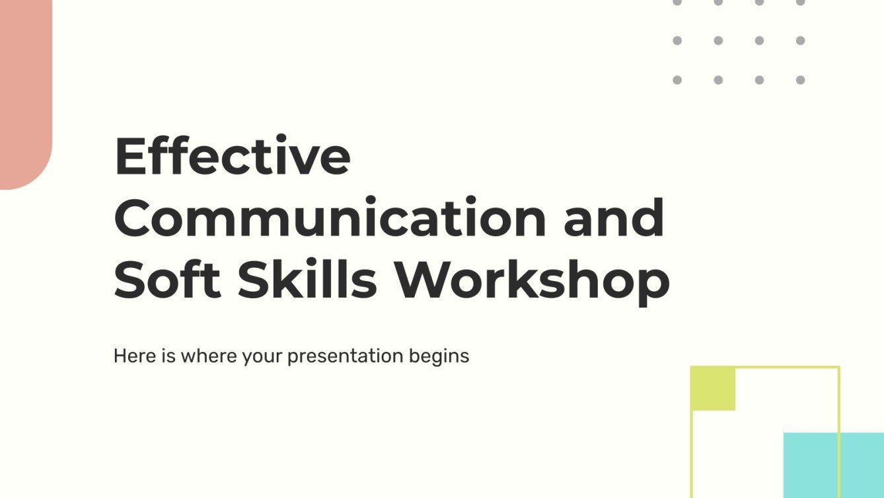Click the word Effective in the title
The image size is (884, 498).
pos(232,157)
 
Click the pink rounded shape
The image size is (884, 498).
pos(24,93)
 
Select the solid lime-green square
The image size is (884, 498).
pos(713,388)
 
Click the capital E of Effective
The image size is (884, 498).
pos(131,157)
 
